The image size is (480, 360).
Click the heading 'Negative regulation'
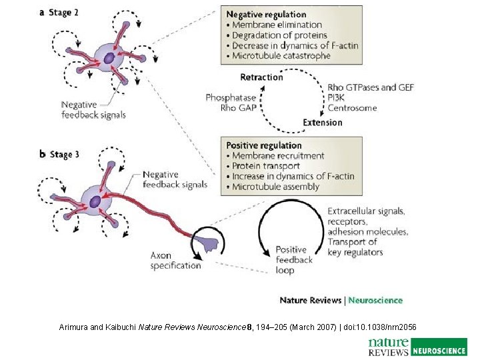[266, 14]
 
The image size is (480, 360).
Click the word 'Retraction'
[261, 77]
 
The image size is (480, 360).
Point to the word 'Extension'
[322, 123]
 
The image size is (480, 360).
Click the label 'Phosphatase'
[231, 98]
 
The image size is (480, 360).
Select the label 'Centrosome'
[352, 108]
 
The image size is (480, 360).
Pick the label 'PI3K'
[336, 98]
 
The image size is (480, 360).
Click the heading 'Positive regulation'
[264, 145]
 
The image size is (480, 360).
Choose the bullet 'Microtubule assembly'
[275, 187]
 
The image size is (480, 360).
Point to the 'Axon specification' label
[175, 261]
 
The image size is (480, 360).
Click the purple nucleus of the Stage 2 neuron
[109, 58]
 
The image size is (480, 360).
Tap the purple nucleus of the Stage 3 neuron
[95, 200]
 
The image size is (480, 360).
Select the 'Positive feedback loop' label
[294, 260]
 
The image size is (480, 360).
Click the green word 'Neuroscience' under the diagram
[375, 300]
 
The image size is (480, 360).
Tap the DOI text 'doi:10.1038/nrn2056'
[380, 327]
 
